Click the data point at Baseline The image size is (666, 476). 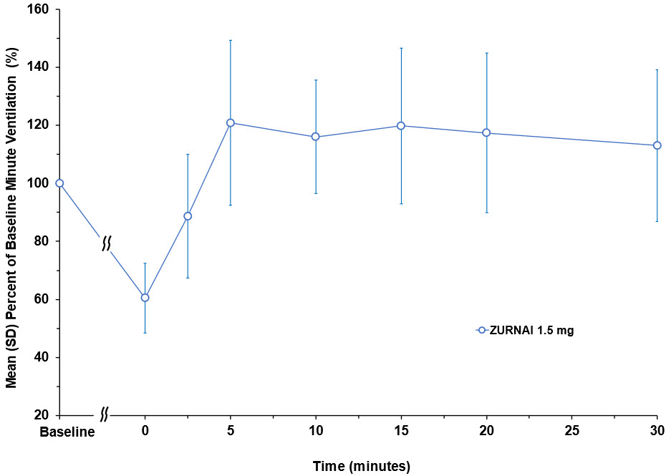[59, 183]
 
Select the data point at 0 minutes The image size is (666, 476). [145, 297]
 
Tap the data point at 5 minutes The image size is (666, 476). [231, 122]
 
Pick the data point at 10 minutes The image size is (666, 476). [316, 137]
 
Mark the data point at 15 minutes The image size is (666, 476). [401, 125]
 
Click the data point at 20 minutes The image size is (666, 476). [486, 132]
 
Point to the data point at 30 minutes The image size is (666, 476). [657, 145]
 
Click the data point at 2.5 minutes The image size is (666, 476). [188, 216]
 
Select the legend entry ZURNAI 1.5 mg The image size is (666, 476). [526, 330]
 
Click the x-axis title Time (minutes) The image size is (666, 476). [361, 467]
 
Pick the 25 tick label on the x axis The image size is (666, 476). [572, 432]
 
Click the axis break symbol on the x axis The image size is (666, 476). [105, 414]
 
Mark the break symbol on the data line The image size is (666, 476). [105, 243]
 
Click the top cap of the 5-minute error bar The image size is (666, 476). [231, 40]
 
